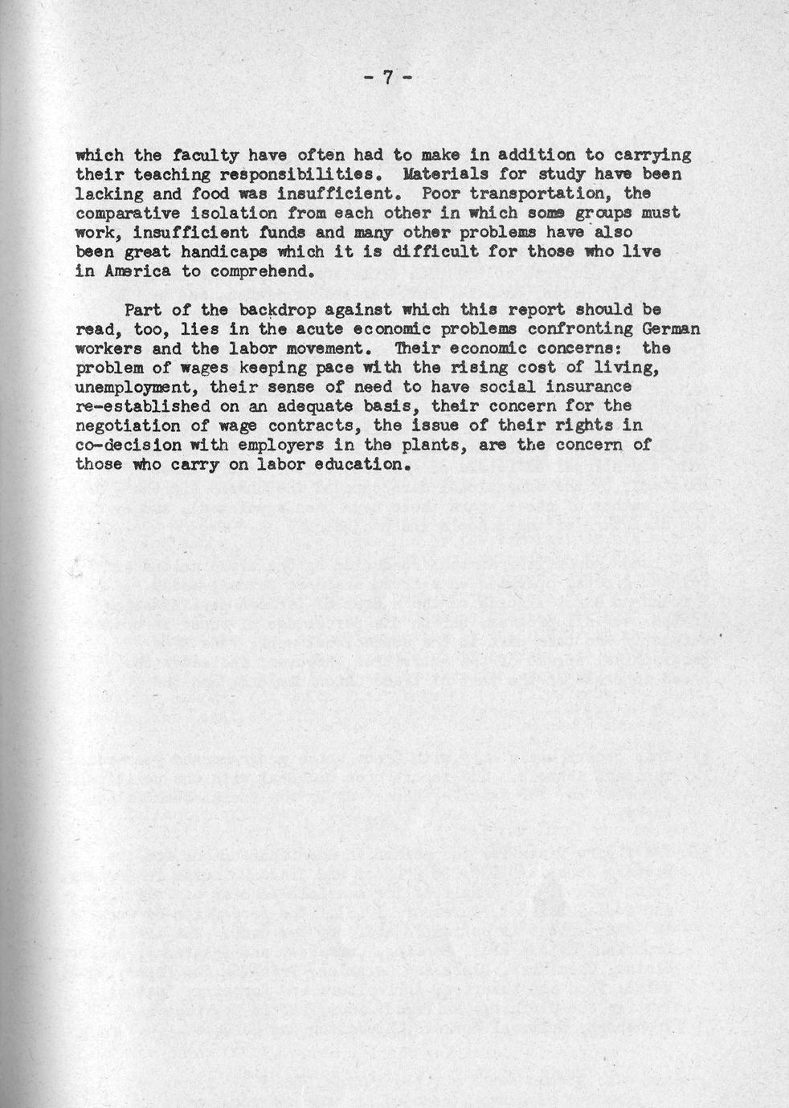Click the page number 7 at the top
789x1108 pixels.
click(386, 78)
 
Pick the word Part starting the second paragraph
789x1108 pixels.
click(142, 309)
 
